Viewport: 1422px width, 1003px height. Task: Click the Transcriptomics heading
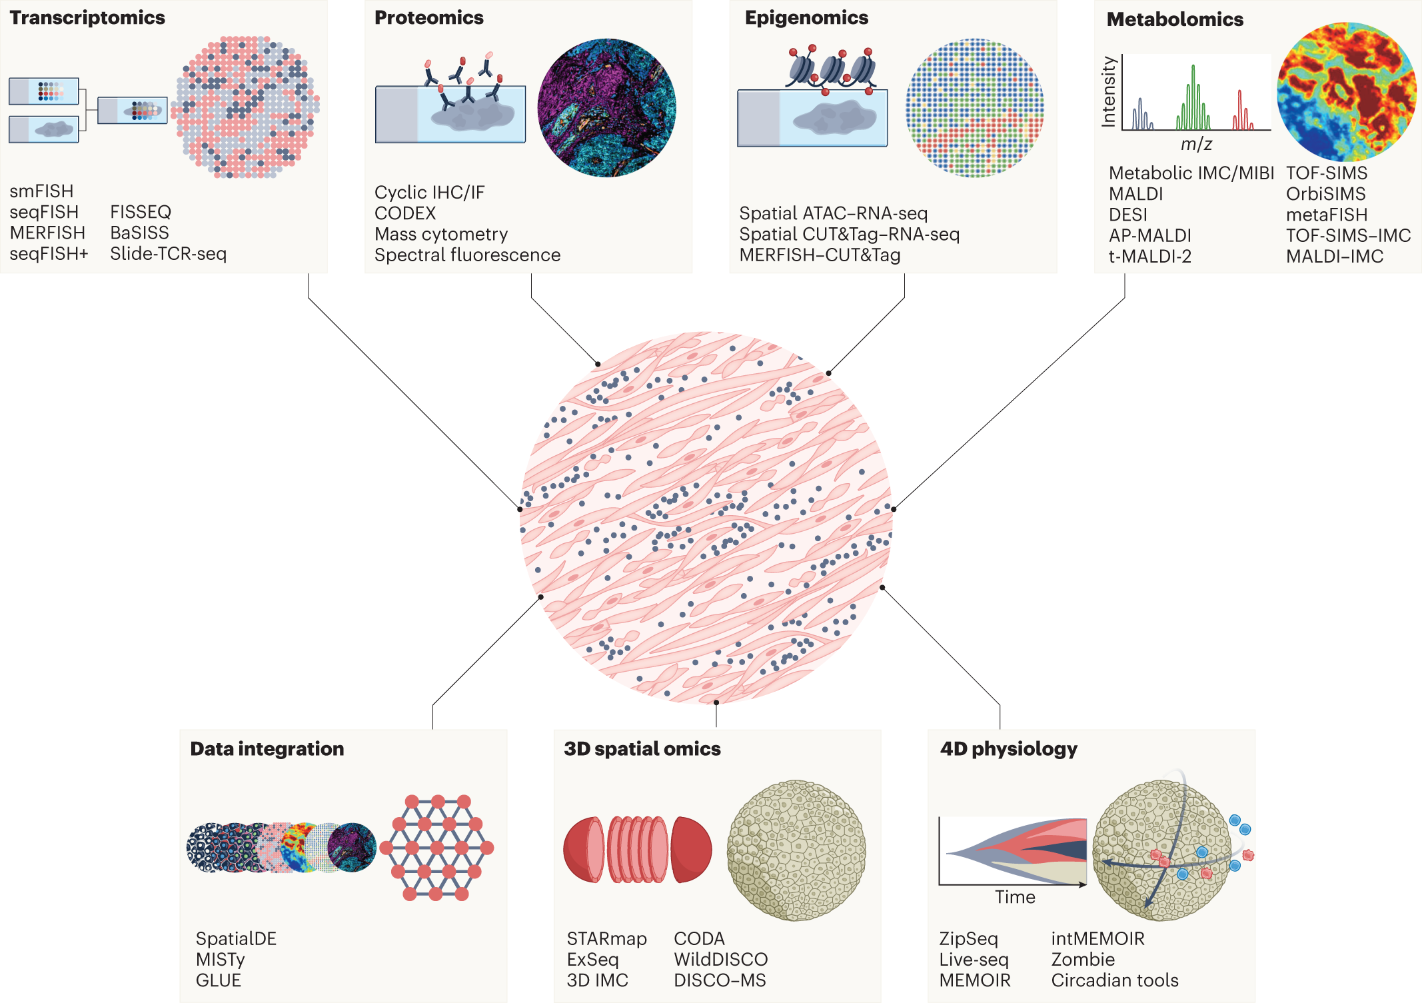point(87,18)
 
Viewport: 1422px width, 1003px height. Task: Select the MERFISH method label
point(47,233)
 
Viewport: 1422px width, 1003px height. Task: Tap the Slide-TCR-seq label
point(168,253)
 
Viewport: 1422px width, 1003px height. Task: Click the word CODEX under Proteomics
point(405,213)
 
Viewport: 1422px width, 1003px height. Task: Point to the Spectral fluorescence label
point(467,255)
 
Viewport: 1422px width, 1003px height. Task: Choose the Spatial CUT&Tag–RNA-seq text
point(849,234)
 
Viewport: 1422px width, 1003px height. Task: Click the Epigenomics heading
point(806,18)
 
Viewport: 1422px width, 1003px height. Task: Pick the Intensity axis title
point(1108,91)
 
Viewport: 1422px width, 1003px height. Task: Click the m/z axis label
point(1196,143)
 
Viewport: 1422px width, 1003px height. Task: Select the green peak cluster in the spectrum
point(1193,100)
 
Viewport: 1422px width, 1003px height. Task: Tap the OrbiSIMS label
point(1325,194)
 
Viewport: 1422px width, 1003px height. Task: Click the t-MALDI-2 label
point(1149,256)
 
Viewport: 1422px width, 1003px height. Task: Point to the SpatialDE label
point(236,938)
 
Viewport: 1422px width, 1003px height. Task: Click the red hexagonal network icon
point(437,847)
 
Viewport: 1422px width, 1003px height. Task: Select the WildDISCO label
point(720,959)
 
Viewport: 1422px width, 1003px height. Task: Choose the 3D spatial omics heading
point(642,749)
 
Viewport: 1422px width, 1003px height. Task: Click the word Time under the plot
point(1015,897)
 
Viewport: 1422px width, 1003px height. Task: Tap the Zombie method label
point(1083,959)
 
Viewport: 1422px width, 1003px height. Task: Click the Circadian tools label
point(1114,980)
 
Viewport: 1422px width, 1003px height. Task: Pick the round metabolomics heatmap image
point(1347,91)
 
